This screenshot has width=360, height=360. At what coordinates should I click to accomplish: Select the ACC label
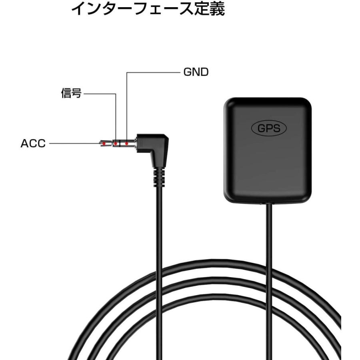[x=33, y=143]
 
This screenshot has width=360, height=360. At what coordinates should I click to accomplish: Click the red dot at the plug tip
[x=104, y=143]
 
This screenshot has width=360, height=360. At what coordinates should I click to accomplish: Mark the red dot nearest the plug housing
[x=127, y=143]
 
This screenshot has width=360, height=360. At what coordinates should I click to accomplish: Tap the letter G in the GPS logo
[x=260, y=128]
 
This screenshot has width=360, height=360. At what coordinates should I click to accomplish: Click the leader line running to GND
[x=152, y=73]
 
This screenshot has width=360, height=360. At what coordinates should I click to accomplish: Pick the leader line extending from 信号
[x=100, y=94]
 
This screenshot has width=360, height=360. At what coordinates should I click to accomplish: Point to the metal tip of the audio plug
[x=101, y=143]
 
